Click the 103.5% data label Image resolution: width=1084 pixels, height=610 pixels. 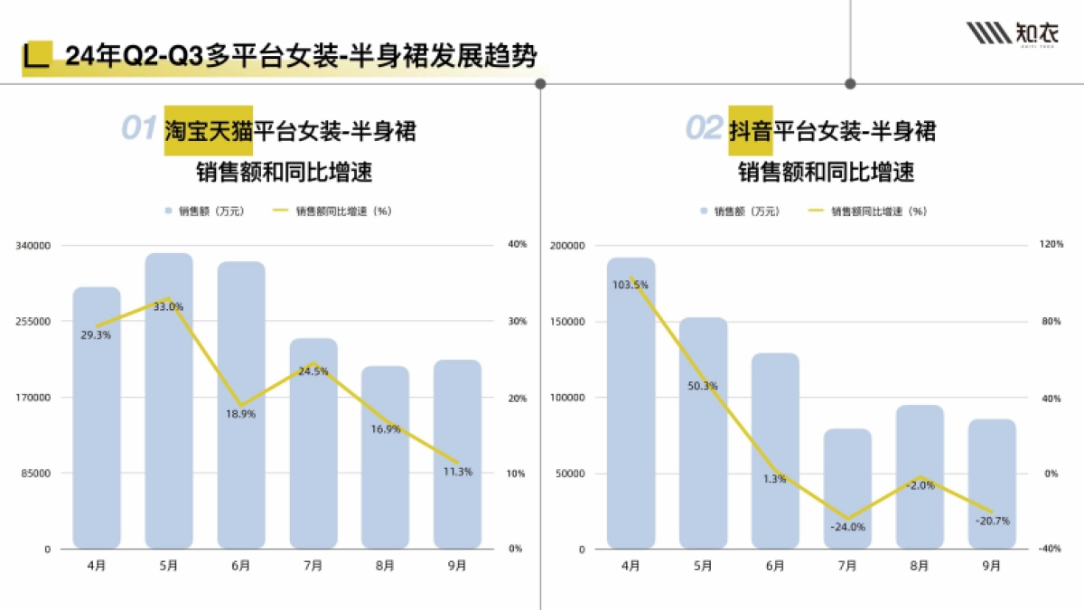coord(631,285)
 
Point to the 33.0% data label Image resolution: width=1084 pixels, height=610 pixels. coord(169,307)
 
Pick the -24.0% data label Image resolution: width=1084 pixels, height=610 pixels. coord(848,527)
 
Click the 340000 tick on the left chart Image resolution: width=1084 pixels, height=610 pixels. coord(35,245)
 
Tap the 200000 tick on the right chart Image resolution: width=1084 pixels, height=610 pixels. coord(568,246)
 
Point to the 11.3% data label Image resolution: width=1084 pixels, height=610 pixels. coord(458,472)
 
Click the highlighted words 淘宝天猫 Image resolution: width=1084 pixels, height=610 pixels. coord(208,130)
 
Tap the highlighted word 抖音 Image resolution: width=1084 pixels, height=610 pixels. coord(751,130)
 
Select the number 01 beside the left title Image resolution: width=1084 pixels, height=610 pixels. coord(139,129)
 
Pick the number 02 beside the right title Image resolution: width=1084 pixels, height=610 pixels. coord(703,129)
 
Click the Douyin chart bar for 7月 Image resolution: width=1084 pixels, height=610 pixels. coord(847,488)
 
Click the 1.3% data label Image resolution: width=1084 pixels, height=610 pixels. coord(775,479)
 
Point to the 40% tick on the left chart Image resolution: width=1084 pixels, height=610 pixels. coord(518,245)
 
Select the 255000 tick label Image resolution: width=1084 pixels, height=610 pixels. coord(35,321)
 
